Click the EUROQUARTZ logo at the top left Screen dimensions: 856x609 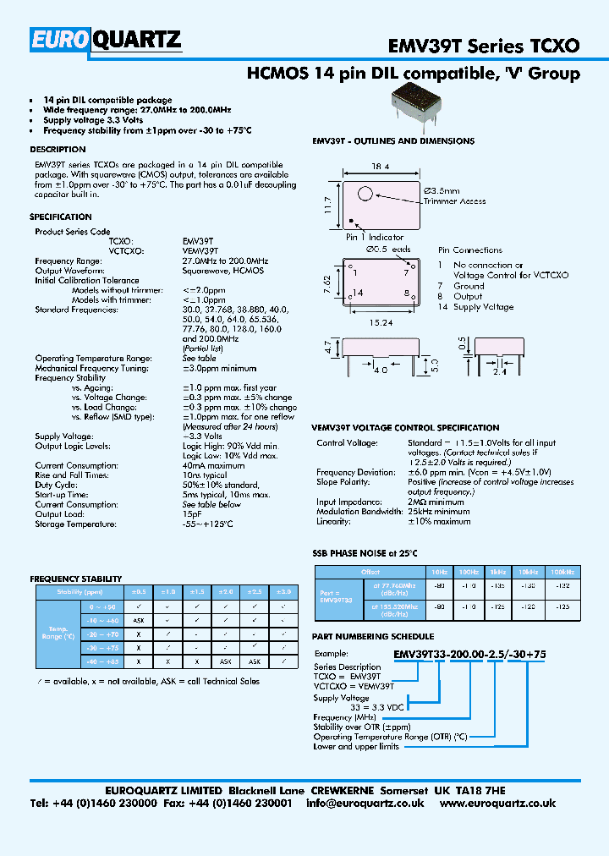(106, 40)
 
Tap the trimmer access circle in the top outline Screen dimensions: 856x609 (365, 194)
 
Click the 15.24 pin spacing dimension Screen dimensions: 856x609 (380, 321)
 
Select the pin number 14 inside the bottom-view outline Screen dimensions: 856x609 (359, 293)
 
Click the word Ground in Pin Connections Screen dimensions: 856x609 (469, 286)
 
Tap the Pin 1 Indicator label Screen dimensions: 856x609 (375, 238)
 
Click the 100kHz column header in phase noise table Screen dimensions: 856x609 (561, 572)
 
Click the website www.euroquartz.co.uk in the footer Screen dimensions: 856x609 (498, 804)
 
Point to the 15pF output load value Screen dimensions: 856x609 (192, 514)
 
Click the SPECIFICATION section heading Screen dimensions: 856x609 (61, 217)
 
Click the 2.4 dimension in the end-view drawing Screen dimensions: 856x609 (500, 370)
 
